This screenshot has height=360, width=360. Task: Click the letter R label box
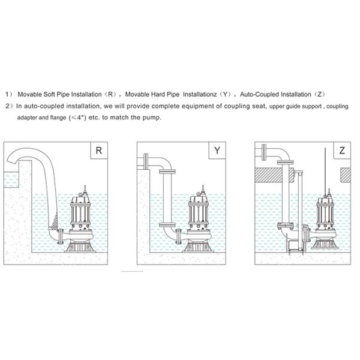(x=98, y=151)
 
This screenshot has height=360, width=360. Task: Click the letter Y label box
(x=217, y=151)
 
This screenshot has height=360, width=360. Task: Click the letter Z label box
(x=341, y=151)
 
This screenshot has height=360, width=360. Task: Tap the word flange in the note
(x=52, y=118)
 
